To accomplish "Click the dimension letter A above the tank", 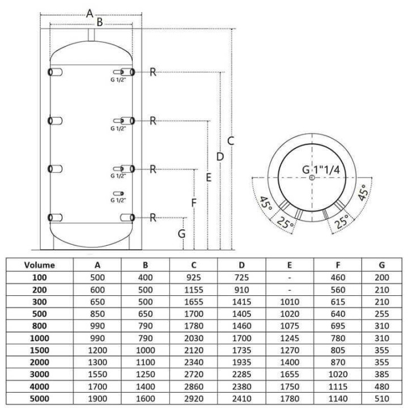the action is [x=90, y=13].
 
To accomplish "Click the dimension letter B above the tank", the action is [x=100, y=22].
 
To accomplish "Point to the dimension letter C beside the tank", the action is [x=231, y=141].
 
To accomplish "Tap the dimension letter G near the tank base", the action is [x=182, y=233].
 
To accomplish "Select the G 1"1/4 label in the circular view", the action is [x=321, y=170].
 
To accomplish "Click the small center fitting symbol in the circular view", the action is [x=312, y=178].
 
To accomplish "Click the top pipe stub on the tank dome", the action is [x=91, y=35].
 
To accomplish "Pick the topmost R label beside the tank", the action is [x=153, y=72].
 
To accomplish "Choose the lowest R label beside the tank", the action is [x=153, y=218].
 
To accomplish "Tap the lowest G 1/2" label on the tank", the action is [x=118, y=200].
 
